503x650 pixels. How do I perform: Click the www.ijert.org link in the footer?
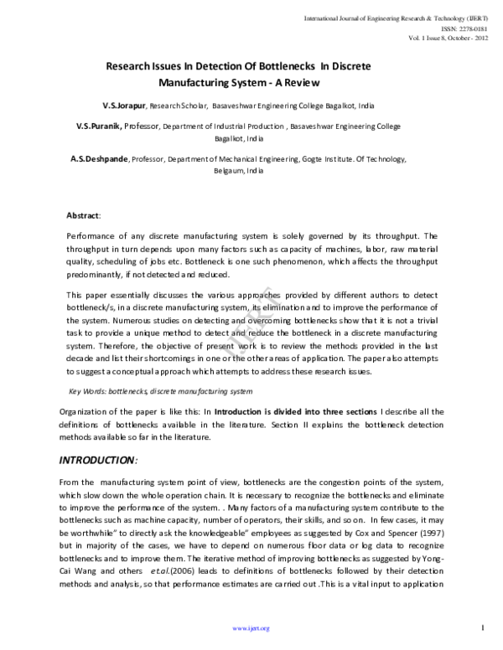[x=251, y=627]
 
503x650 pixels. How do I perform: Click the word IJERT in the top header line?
[x=471, y=18]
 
